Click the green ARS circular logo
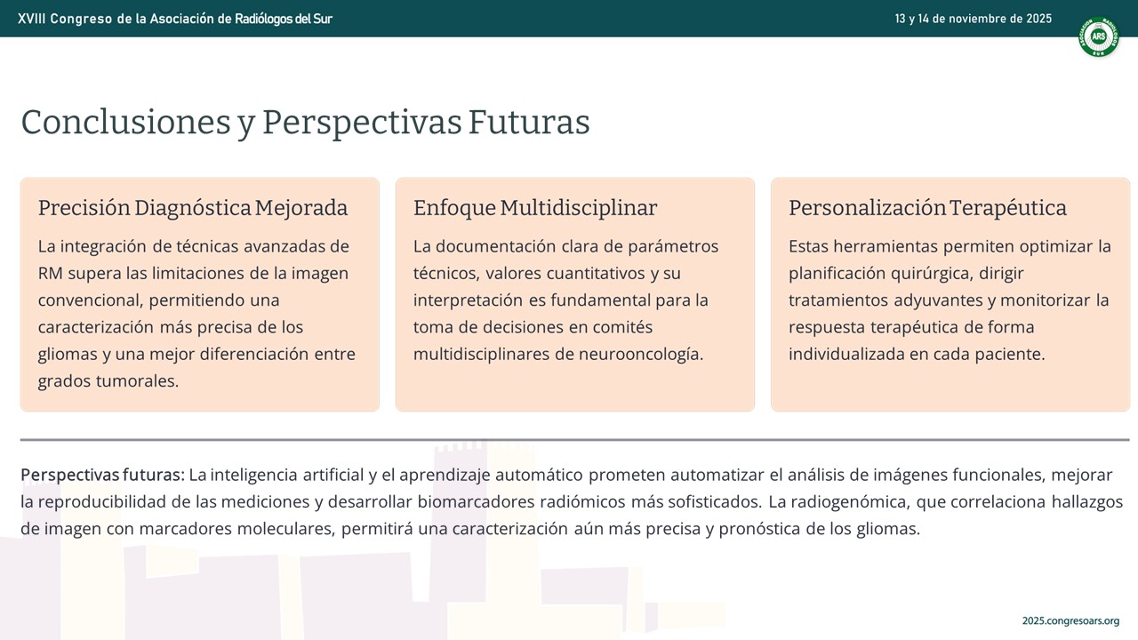click(x=1098, y=37)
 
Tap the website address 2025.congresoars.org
click(x=1070, y=620)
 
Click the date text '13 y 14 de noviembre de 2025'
click(x=973, y=19)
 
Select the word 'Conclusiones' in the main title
click(x=126, y=123)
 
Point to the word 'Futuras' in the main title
click(x=529, y=123)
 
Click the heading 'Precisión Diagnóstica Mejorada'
click(x=193, y=208)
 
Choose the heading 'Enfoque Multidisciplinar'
click(x=535, y=208)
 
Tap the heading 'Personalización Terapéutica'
click(x=927, y=208)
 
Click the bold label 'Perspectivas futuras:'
click(x=102, y=475)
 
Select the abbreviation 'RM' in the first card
click(x=50, y=273)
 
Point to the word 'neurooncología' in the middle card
click(x=641, y=355)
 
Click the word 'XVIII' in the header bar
click(x=31, y=19)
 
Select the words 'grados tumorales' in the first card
click(x=108, y=381)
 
